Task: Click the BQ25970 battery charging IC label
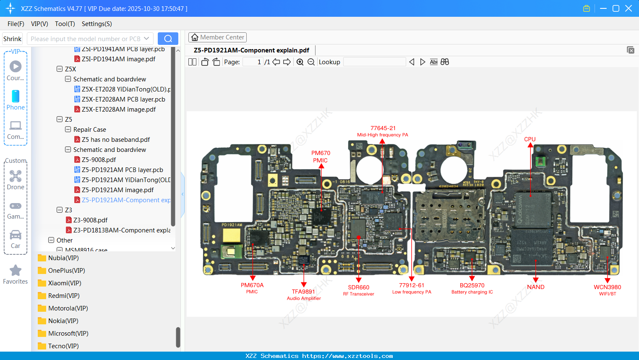coord(472,288)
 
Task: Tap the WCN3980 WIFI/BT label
coord(607,290)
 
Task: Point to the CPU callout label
coord(529,139)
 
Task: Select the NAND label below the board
coord(535,287)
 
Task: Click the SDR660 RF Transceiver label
coord(358,290)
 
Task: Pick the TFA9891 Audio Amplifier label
coord(304,295)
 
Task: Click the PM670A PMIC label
coord(252,288)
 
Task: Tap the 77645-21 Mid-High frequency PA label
coord(383,131)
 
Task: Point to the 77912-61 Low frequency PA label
coord(412,288)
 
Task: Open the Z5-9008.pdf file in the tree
coord(99,160)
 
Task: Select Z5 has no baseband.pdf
coord(115,140)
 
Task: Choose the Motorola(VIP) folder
coord(68,308)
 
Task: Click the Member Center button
coord(217,37)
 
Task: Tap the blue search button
coord(168,39)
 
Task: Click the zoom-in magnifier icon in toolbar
coord(300,62)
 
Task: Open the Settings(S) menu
coord(97,24)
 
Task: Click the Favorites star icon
coord(16,271)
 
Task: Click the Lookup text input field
coord(374,62)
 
